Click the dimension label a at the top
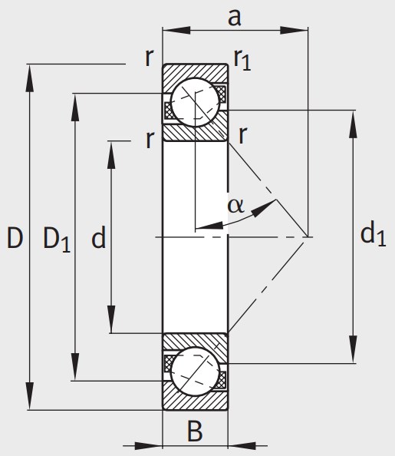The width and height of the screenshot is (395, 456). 234,18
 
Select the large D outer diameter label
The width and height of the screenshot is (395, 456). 15,238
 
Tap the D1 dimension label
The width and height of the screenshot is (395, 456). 57,240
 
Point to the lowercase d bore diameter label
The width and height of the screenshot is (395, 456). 98,237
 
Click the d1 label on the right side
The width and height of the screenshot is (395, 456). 373,234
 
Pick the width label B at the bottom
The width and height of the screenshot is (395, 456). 195,431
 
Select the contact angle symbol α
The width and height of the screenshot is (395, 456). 235,206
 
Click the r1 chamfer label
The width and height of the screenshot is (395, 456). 242,60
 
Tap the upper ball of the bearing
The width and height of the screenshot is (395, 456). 195,102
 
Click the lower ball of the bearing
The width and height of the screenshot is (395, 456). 195,371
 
